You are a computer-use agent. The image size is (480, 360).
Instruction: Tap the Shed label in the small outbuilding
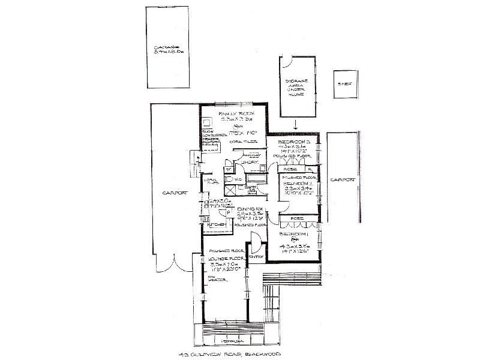pyautogui.click(x=344, y=84)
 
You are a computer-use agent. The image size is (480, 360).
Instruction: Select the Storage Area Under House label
pyautogui.click(x=297, y=87)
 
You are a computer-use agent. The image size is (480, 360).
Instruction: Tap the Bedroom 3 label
pyautogui.click(x=293, y=140)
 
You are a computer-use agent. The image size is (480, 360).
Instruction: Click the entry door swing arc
pyautogui.click(x=255, y=244)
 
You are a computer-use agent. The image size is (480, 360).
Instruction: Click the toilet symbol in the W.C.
pyautogui.click(x=229, y=178)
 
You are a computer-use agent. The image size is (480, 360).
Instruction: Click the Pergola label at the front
pyautogui.click(x=230, y=341)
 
